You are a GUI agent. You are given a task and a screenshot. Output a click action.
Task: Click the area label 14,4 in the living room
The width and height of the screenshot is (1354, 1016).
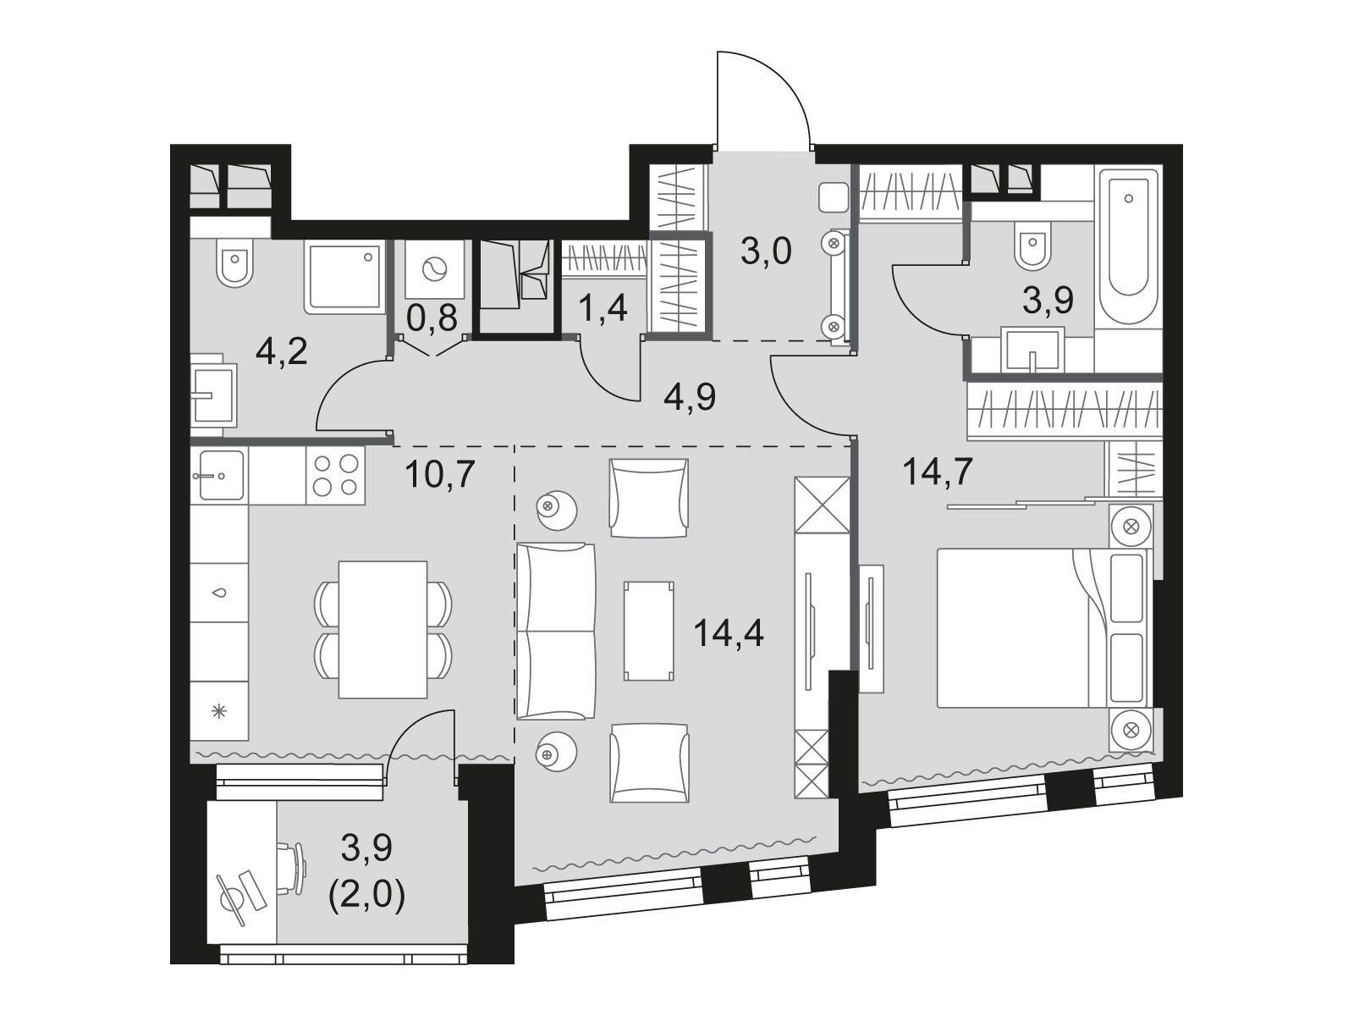tap(729, 633)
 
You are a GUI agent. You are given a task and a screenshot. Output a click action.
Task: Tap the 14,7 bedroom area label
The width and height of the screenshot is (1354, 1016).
tap(937, 472)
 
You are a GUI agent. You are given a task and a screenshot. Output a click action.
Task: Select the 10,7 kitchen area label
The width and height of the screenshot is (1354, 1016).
tap(440, 474)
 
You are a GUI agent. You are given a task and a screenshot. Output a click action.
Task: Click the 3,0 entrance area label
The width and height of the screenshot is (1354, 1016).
tap(766, 251)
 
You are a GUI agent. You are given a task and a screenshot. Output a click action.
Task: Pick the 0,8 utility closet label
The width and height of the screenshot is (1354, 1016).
tap(432, 318)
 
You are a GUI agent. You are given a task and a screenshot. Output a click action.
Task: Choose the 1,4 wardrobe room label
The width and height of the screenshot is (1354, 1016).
tap(603, 307)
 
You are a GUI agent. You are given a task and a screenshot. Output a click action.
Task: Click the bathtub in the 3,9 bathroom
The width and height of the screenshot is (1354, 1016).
tap(1128, 246)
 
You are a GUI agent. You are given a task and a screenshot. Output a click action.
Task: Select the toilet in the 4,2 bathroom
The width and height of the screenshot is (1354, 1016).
tap(234, 262)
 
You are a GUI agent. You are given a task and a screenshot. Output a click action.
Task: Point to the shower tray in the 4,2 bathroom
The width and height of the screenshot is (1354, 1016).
tap(344, 277)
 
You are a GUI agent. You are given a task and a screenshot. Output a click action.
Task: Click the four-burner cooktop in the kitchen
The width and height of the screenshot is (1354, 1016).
tap(336, 475)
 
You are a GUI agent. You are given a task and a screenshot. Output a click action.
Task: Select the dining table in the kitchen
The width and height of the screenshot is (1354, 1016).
tap(383, 629)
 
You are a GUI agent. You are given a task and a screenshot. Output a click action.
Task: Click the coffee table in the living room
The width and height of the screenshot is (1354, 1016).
tap(648, 631)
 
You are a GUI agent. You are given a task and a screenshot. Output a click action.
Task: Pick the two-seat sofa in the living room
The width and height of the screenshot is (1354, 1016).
tap(556, 631)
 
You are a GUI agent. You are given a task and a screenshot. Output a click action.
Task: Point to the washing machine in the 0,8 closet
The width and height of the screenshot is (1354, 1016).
tap(435, 269)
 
